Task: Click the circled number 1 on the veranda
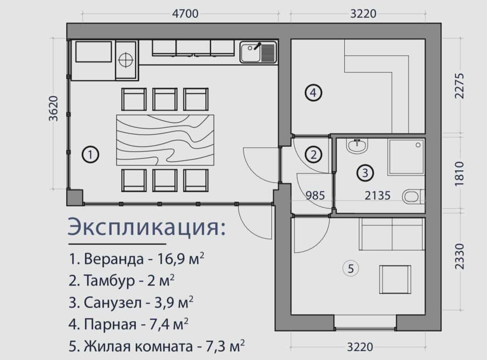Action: pyautogui.click(x=90, y=155)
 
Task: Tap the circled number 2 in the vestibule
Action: pyautogui.click(x=314, y=155)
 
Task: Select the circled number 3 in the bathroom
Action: pyautogui.click(x=365, y=172)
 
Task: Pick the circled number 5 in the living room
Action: pyautogui.click(x=350, y=269)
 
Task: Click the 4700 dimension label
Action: pyautogui.click(x=185, y=14)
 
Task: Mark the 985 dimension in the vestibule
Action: pyautogui.click(x=315, y=195)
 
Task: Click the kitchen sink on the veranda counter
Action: pyautogui.click(x=258, y=52)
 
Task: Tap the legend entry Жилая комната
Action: pyautogui.click(x=157, y=346)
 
